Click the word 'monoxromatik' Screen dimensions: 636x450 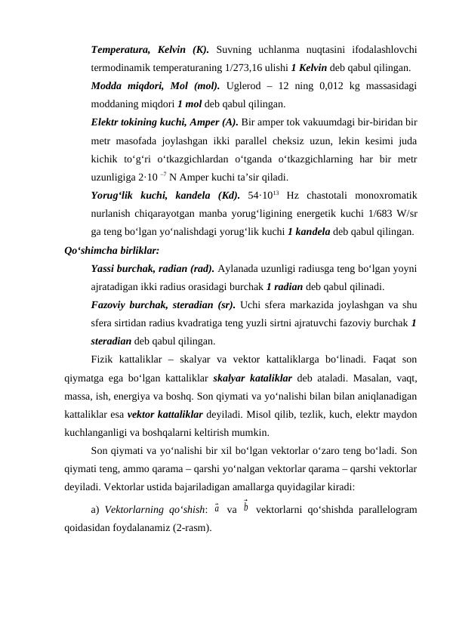(386, 196)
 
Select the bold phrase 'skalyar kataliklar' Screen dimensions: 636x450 (257, 378)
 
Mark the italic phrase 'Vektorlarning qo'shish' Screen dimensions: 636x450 (159, 511)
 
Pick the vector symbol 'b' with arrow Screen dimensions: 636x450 (246, 508)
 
